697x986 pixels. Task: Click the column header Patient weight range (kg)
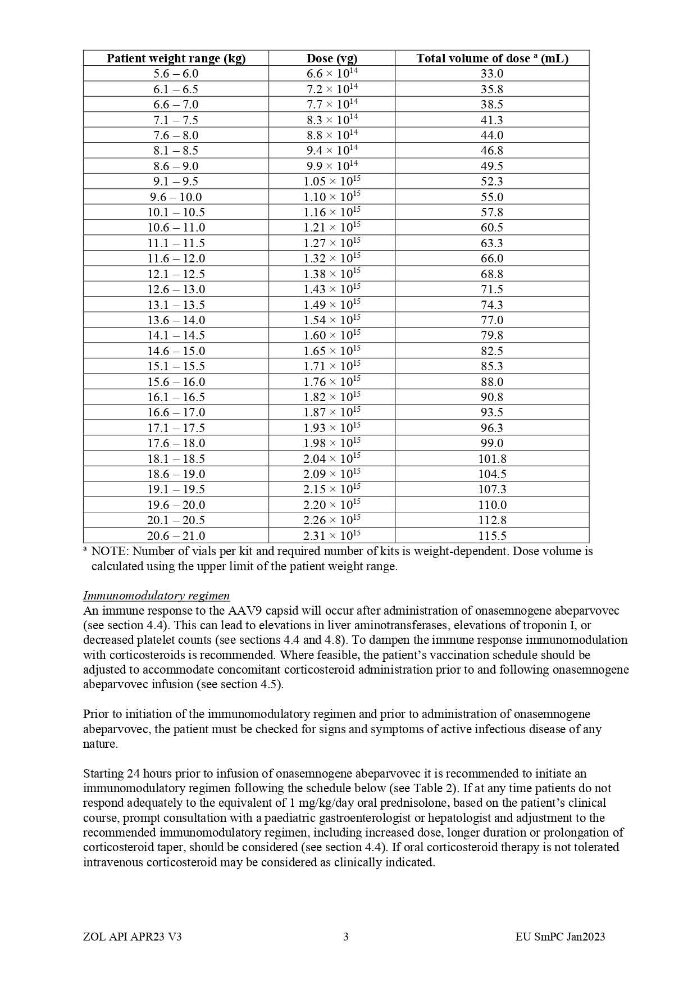pyautogui.click(x=176, y=58)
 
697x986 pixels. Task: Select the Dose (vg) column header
pyautogui.click(x=331, y=58)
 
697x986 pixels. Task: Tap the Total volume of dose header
pyautogui.click(x=492, y=58)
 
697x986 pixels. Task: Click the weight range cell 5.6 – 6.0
pyautogui.click(x=176, y=74)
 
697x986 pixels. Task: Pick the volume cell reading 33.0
pyautogui.click(x=492, y=74)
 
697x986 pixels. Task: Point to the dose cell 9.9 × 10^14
pyautogui.click(x=331, y=166)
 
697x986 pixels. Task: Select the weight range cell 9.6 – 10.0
pyautogui.click(x=176, y=197)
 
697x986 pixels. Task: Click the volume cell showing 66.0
pyautogui.click(x=492, y=258)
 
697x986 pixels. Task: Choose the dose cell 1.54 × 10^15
pyautogui.click(x=331, y=320)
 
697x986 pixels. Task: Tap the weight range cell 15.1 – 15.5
pyautogui.click(x=176, y=366)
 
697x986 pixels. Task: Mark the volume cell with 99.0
pyautogui.click(x=492, y=443)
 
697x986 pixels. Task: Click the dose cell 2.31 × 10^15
pyautogui.click(x=331, y=536)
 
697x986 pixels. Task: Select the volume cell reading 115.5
pyautogui.click(x=492, y=536)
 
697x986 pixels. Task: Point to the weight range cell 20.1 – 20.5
pyautogui.click(x=176, y=520)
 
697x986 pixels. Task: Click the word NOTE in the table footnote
pyautogui.click(x=110, y=551)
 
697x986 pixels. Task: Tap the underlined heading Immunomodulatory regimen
pyautogui.click(x=156, y=596)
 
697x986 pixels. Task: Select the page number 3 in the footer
pyautogui.click(x=346, y=937)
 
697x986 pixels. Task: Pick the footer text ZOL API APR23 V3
pyautogui.click(x=132, y=937)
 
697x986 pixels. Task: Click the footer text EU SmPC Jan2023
pyautogui.click(x=560, y=937)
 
